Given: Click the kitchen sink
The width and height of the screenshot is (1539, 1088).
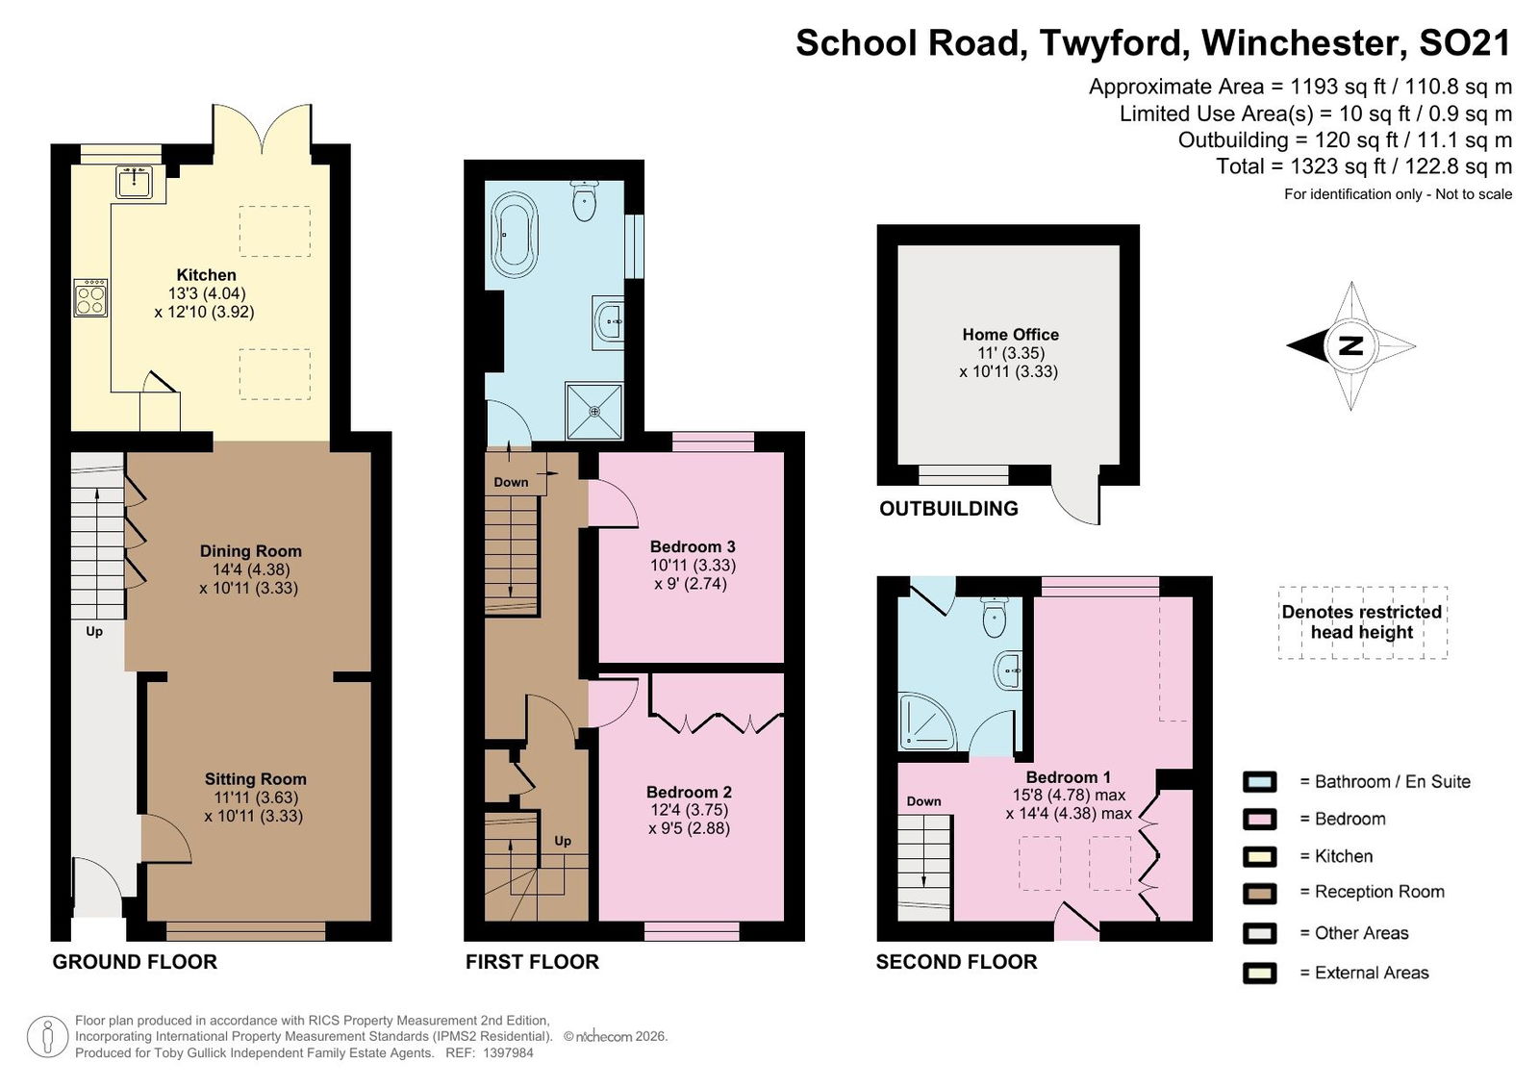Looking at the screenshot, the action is tap(134, 182).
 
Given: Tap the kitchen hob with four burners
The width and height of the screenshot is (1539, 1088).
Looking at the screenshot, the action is tap(90, 297).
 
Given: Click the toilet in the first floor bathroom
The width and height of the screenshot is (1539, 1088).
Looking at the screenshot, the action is tap(584, 201).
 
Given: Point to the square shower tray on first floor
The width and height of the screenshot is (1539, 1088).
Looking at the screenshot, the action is tap(594, 411).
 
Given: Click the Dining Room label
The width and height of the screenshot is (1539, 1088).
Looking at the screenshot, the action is tap(251, 550).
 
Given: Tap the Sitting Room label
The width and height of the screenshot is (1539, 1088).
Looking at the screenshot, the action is tap(256, 778).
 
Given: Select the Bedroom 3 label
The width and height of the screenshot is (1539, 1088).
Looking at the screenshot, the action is tap(693, 546).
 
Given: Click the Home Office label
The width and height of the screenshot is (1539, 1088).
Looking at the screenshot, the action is tap(1010, 334).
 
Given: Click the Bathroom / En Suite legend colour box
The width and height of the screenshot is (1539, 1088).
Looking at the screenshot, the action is tap(1259, 781).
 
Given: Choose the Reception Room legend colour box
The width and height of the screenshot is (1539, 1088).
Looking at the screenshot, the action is tap(1259, 893).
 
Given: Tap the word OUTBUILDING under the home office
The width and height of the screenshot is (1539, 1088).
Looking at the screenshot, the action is tap(948, 509).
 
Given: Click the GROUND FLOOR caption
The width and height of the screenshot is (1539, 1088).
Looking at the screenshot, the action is tap(135, 962).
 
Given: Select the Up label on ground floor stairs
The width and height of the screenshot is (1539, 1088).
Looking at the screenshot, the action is tap(94, 631).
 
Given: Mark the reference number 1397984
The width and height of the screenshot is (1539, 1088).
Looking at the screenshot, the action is tap(509, 1052).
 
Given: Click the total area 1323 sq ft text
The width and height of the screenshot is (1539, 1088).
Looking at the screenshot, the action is tap(1364, 165).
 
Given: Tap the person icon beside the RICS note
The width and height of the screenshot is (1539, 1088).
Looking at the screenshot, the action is tap(47, 1037).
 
